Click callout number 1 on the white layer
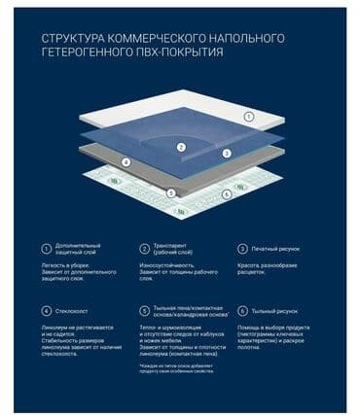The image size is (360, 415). (x=248, y=117)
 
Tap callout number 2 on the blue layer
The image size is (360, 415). (x=181, y=148)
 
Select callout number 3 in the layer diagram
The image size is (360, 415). (x=226, y=154)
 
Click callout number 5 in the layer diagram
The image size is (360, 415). (x=171, y=192)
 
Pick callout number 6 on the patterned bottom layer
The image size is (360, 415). (x=226, y=194)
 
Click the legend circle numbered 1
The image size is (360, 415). (x=45, y=249)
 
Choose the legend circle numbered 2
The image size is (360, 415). (x=144, y=249)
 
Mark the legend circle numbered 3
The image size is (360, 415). (x=242, y=249)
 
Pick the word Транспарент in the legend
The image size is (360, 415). (x=172, y=246)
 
